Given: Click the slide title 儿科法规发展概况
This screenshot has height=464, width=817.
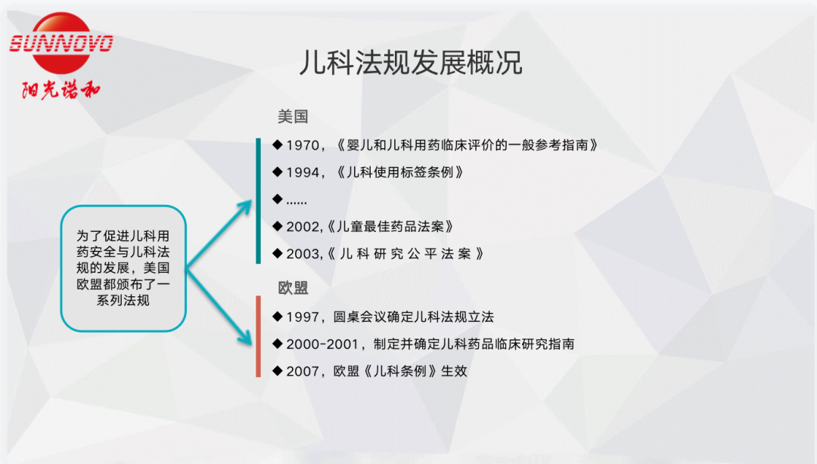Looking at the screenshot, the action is tap(411, 63).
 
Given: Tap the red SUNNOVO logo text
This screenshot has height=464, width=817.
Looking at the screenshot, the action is tap(61, 43).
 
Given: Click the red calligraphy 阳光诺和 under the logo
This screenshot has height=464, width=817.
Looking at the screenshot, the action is tap(61, 90).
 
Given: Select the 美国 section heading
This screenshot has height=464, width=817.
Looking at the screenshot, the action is tap(293, 116).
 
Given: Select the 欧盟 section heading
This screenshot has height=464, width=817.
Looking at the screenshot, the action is tap(293, 287).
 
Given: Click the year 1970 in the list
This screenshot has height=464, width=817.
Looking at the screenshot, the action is tap(303, 145).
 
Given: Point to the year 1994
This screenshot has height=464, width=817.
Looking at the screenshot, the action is tap(303, 172).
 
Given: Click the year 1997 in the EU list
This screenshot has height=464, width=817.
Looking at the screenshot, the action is tap(303, 317).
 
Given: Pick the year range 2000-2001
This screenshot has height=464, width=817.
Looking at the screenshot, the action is tap(322, 345).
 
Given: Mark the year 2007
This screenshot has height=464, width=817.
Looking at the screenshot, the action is tap(303, 371).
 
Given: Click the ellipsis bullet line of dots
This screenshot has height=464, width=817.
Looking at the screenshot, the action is tap(297, 202).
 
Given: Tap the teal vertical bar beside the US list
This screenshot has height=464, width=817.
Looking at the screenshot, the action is tap(259, 201).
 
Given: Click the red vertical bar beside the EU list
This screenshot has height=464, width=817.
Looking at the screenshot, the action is tap(259, 336).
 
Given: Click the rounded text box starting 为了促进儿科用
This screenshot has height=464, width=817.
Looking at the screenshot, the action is tap(123, 268).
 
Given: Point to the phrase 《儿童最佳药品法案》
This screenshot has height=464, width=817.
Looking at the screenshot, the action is tap(391, 227).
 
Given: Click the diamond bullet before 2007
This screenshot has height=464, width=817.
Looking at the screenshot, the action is tap(277, 371).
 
